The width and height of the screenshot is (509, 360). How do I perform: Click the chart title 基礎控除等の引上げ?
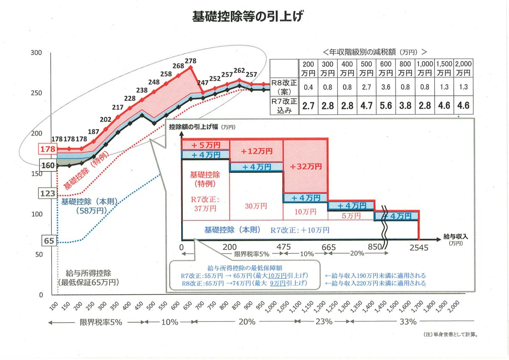coord(248,17)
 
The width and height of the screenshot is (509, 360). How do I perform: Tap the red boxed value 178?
coord(47,149)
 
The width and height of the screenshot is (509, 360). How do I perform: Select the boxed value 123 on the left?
coord(47,194)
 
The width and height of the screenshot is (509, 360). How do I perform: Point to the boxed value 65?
coord(49,241)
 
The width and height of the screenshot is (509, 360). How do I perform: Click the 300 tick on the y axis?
coord(37,53)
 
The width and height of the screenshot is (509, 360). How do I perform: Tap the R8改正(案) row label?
coord(284,87)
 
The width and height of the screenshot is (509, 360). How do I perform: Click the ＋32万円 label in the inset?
coord(305,166)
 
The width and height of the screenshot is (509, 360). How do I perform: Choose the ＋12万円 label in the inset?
coord(256,151)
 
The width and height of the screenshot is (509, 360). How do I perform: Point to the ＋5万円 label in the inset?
coord(206,145)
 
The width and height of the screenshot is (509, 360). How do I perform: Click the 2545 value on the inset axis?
coord(418,247)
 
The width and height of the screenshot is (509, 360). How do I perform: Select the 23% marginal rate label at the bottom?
coord(324,322)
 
